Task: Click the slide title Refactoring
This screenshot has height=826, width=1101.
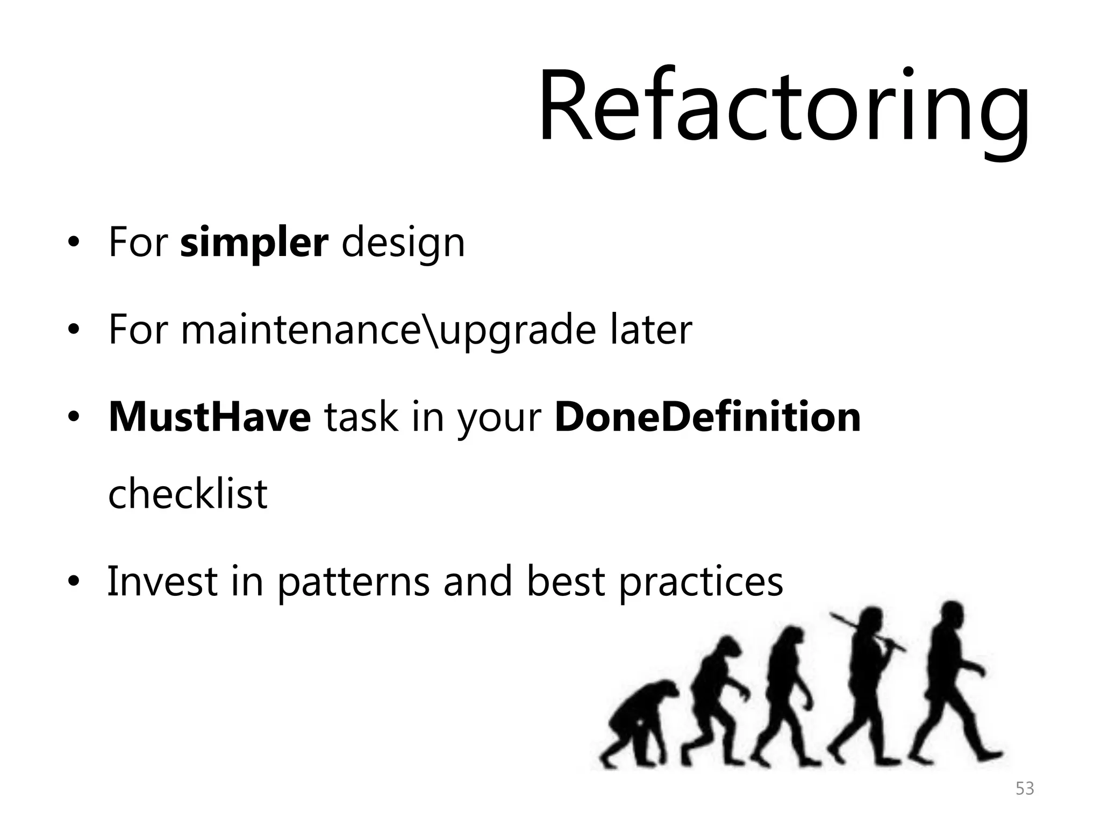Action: pos(784,108)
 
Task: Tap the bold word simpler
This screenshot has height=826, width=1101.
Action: pos(254,243)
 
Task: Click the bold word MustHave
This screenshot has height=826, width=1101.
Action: pos(210,417)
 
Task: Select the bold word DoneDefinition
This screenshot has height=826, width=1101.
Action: pos(707,417)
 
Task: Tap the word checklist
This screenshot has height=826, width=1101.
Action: pos(188,494)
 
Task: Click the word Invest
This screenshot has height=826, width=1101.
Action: pos(162,581)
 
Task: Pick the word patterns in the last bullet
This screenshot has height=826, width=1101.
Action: pos(354,582)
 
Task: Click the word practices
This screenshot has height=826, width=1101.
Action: pos(701,582)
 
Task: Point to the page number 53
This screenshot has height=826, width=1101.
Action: pos(1024,788)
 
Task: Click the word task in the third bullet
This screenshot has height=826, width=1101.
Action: pos(361,417)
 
